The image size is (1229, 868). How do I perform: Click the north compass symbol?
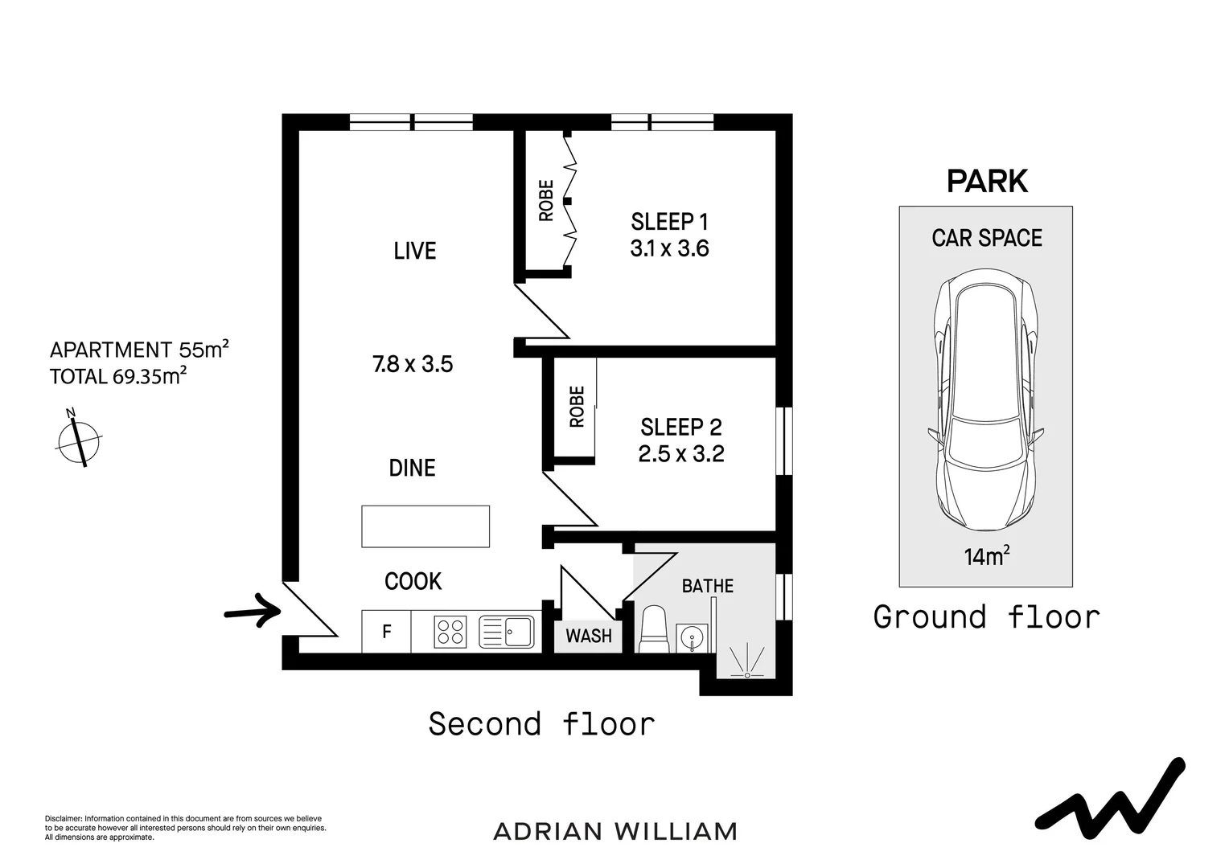pos(79,439)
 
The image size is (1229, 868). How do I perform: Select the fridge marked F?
pos(386,632)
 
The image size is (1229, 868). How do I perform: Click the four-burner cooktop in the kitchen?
pos(450,632)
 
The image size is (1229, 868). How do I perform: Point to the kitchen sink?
pos(507,632)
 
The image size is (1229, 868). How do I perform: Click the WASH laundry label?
pos(589,637)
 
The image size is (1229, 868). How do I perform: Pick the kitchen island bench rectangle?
pos(425,526)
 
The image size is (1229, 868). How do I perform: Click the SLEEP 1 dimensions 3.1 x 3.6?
pos(669,249)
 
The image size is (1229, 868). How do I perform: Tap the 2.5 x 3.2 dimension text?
pos(681,454)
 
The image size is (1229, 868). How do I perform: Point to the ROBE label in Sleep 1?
pos(546,201)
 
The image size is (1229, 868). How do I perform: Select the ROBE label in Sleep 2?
pos(577,407)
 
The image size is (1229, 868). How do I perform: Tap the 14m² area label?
pos(986,556)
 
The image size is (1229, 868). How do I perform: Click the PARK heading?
pos(987,182)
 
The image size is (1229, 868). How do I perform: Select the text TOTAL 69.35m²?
pos(119,376)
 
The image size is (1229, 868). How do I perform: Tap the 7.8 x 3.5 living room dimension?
pos(413,364)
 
